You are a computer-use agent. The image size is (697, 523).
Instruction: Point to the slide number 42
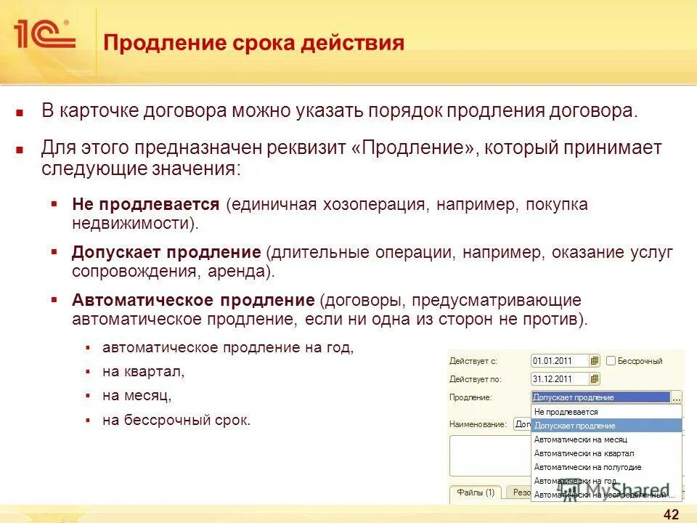point(671,515)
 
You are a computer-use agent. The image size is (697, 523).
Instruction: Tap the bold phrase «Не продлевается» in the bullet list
point(145,205)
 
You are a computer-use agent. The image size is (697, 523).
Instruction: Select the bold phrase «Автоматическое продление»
point(192,300)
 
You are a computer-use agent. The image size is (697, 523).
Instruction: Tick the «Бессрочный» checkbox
point(611,360)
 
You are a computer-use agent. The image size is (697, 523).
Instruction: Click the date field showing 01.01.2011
point(560,360)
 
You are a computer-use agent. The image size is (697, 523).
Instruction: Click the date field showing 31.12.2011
point(560,378)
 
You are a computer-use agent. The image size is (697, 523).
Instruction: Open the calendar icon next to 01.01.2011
point(595,360)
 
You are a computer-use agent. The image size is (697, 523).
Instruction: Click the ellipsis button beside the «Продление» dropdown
point(677,397)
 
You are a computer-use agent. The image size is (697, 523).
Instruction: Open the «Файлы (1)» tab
point(476,492)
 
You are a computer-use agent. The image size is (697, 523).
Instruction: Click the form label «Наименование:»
point(476,423)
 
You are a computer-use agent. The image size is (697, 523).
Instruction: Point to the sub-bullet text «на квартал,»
point(144,372)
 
